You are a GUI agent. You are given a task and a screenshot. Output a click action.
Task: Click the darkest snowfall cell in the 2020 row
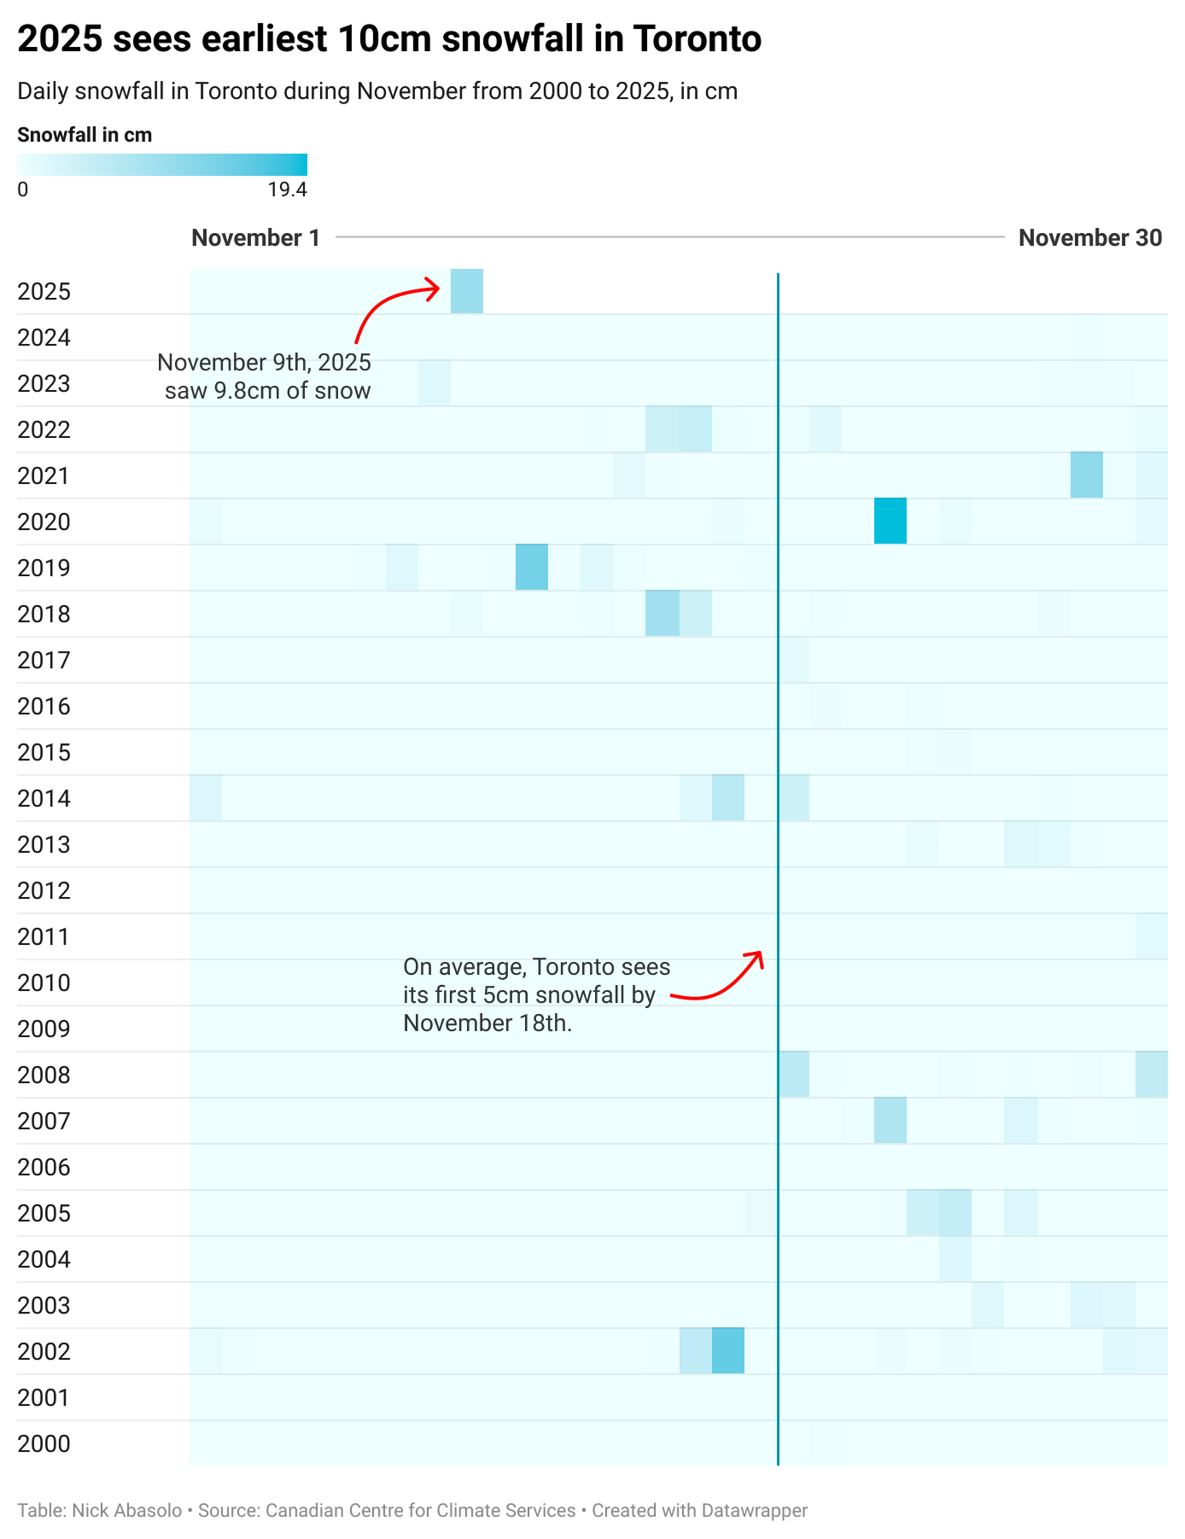tap(890, 521)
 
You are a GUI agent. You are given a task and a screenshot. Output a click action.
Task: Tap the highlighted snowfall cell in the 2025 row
tap(466, 291)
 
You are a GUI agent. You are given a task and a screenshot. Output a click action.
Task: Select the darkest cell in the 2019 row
tap(531, 567)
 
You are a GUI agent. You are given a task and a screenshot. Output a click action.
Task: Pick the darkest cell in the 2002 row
tap(727, 1350)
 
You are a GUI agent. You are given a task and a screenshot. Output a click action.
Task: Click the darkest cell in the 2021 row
tap(1086, 475)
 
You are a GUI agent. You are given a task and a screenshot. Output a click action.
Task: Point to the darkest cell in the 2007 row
tap(890, 1120)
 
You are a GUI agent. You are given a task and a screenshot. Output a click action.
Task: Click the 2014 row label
tap(44, 799)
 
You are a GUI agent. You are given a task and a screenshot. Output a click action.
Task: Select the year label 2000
tap(44, 1444)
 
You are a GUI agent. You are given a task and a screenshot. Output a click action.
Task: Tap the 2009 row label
tap(44, 1029)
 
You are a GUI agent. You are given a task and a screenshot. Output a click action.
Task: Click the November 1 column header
tap(255, 238)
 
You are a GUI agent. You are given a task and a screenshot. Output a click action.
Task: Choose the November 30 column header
tap(1089, 238)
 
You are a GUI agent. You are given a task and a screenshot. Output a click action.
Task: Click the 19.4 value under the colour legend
tap(287, 189)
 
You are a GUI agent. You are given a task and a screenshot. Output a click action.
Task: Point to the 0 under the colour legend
tap(23, 189)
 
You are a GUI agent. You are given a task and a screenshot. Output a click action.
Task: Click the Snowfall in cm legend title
tap(85, 135)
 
